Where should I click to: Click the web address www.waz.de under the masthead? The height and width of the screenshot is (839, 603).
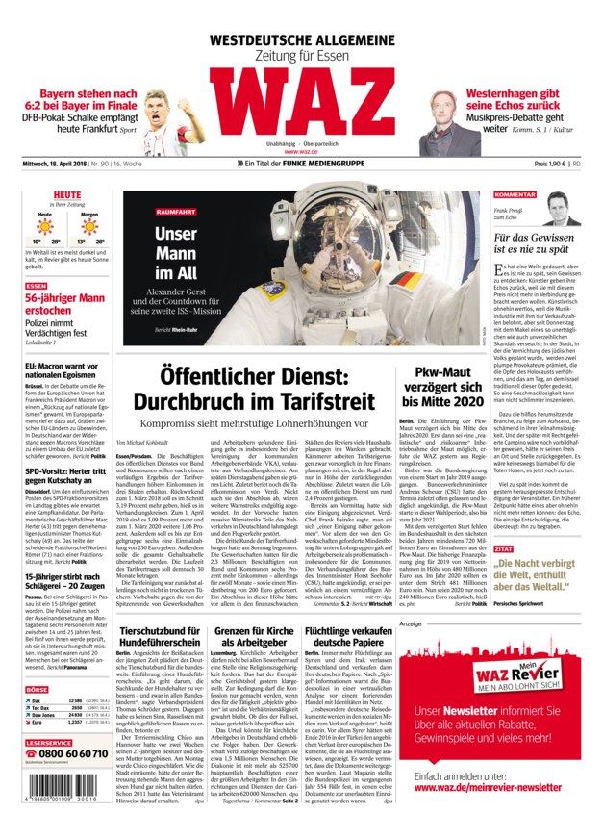(x=301, y=151)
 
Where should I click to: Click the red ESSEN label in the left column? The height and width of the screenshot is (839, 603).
(x=37, y=286)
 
